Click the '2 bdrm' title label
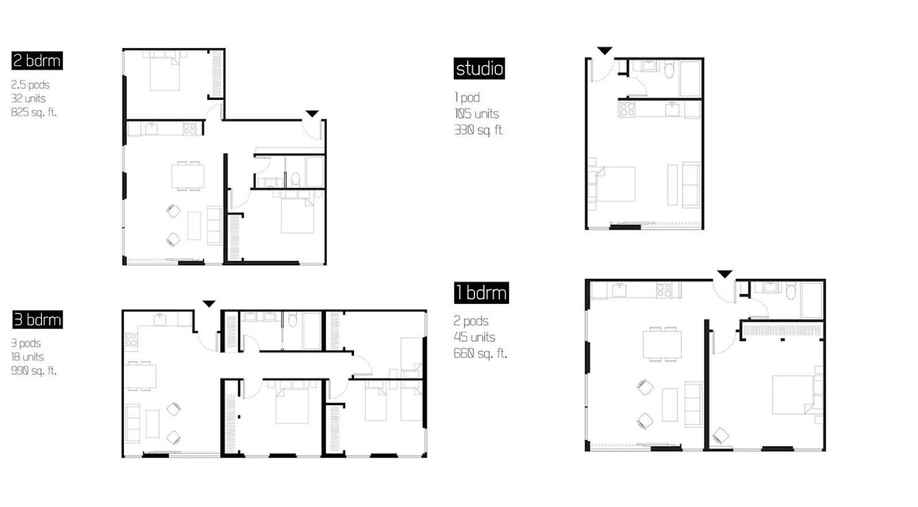(37, 61)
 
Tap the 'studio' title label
(479, 68)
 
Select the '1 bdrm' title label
(481, 293)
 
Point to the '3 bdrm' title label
(37, 320)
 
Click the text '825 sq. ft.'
(34, 112)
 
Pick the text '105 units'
(477, 114)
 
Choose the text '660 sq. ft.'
(480, 353)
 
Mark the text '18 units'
(27, 357)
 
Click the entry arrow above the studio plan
(605, 51)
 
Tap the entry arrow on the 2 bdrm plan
(312, 114)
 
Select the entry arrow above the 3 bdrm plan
(209, 304)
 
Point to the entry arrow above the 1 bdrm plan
(724, 274)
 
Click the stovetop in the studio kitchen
(627, 110)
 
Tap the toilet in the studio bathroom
(669, 70)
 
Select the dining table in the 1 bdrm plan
(663, 344)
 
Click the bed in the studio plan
(613, 184)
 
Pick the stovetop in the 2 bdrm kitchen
(189, 129)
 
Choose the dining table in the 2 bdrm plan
(188, 176)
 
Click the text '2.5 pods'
(30, 85)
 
